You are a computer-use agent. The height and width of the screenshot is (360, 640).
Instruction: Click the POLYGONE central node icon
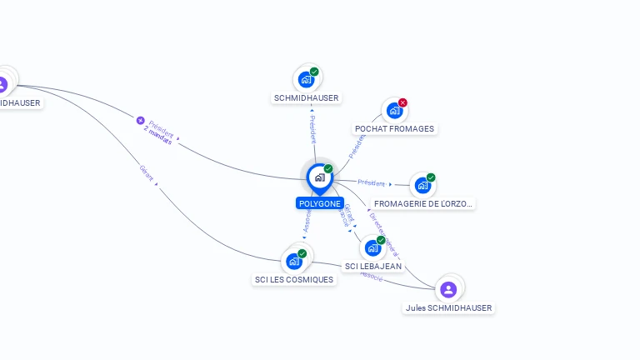[319, 177]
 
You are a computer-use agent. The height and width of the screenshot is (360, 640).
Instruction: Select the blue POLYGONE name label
[319, 203]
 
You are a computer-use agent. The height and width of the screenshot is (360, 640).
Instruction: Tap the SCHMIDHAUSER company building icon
[307, 79]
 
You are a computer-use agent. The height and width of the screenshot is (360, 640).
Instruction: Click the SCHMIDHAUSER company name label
[307, 97]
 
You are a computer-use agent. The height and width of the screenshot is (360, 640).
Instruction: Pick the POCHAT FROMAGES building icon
[394, 110]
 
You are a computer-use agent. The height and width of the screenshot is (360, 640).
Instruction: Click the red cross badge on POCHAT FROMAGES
[403, 102]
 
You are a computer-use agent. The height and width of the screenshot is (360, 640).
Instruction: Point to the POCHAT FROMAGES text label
[394, 129]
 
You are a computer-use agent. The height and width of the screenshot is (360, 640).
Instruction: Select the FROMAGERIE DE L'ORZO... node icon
[422, 185]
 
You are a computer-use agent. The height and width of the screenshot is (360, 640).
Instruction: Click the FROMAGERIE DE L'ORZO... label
[423, 203]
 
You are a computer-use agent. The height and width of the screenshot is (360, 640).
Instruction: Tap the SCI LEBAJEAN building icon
[372, 247]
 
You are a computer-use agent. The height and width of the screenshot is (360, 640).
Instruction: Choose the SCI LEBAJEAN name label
[372, 267]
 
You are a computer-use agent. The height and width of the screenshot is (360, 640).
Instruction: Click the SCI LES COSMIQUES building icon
[294, 261]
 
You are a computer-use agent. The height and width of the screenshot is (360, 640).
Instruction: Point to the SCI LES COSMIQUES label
[294, 280]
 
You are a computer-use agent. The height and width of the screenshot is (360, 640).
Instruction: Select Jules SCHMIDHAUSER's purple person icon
[448, 289]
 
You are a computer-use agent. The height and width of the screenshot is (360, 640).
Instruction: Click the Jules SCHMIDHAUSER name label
[448, 307]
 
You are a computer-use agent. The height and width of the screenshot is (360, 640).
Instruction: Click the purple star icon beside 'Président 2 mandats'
[140, 121]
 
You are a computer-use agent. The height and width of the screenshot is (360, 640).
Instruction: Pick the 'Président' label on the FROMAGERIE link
[372, 182]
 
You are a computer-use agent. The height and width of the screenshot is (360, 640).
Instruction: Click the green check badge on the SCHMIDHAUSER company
[314, 72]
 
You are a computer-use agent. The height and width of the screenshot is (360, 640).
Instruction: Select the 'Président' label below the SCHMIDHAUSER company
[312, 129]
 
